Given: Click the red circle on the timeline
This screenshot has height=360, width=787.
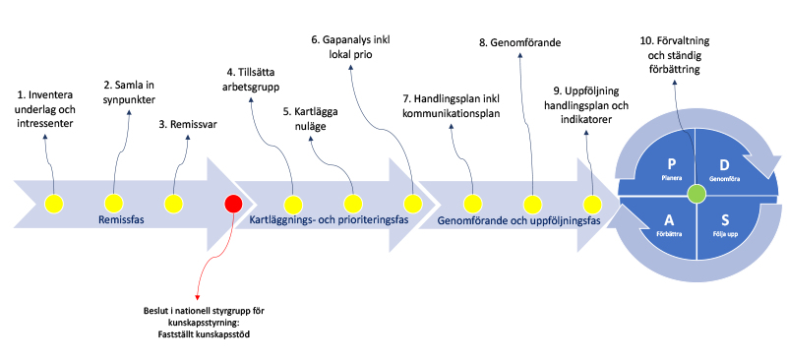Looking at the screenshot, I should point(233,205).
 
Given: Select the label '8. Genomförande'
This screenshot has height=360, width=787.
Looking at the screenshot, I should point(519,43).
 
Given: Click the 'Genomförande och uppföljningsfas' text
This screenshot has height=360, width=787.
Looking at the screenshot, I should point(517,221).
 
